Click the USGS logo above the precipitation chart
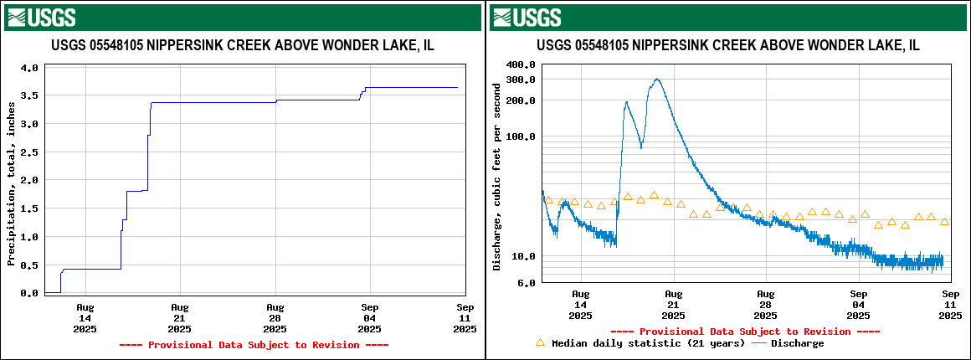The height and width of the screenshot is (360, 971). coord(41,18)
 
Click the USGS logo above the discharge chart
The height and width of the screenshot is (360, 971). coord(527,18)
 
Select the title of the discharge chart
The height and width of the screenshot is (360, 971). coord(728,46)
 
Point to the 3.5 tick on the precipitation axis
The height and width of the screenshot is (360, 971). coord(28,96)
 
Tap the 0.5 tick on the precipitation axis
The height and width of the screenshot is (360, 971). coord(28,265)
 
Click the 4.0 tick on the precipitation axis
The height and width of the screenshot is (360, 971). coord(28,68)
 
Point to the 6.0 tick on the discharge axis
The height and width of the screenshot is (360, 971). coord(527,283)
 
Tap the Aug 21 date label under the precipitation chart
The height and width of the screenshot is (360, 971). coord(180,318)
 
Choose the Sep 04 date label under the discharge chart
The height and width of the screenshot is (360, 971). coord(858,305)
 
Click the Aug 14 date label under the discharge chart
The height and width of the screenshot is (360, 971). coord(580,305)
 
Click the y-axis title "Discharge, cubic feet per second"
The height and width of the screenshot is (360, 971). coord(497,176)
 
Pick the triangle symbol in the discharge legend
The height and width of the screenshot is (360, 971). coord(540,342)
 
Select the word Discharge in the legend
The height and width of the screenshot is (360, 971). coord(797,343)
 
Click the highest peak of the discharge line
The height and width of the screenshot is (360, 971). coord(657,80)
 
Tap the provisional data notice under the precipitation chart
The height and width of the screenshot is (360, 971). coord(254,345)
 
